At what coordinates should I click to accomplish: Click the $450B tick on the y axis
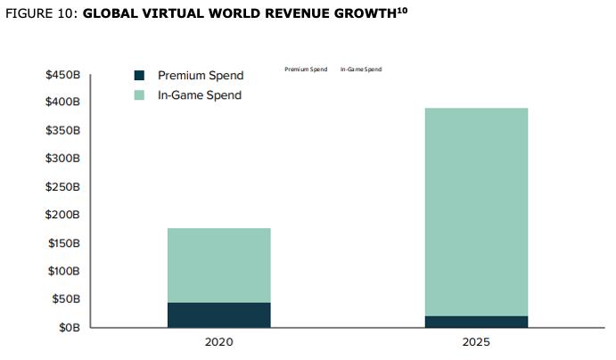[63, 75]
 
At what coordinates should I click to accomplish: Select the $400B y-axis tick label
[63, 102]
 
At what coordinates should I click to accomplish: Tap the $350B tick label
[63, 131]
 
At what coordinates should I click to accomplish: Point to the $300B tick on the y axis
[63, 159]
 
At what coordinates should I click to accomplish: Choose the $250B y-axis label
[63, 187]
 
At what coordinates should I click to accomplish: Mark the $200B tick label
[63, 215]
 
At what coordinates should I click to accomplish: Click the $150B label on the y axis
[63, 243]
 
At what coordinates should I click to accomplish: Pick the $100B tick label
[63, 271]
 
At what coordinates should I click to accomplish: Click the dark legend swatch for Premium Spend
[139, 76]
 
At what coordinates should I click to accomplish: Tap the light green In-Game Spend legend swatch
[139, 94]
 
